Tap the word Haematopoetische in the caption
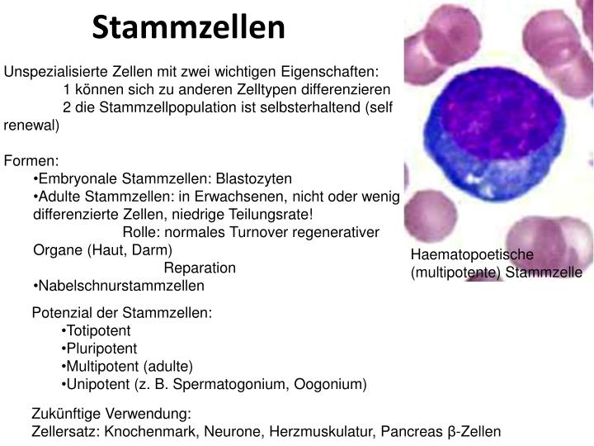coord(462,255)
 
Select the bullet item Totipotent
coord(98,330)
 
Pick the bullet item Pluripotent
coord(101,349)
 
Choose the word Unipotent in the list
coord(99,384)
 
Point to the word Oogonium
coord(333,384)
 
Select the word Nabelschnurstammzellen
coord(121,286)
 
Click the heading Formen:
coord(31,161)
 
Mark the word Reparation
coord(200,268)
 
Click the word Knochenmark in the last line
coord(143,431)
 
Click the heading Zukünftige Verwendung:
coord(111,413)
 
